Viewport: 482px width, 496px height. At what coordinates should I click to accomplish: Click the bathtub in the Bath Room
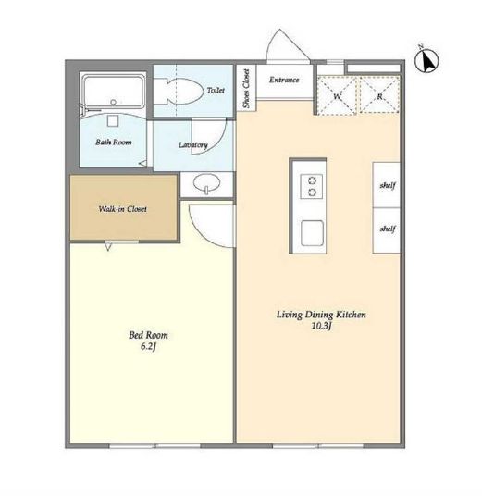point(113,91)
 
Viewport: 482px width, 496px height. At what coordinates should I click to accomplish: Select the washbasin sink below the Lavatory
point(206,183)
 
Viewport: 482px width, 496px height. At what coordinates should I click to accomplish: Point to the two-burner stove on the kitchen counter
point(311,186)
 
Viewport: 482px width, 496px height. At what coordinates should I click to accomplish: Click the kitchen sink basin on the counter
point(312,233)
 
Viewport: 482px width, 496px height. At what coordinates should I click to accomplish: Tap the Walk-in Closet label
point(123,209)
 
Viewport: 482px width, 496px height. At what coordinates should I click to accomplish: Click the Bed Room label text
point(148,335)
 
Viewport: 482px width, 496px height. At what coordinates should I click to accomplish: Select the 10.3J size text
point(321,326)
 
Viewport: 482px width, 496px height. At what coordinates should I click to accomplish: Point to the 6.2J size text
point(148,347)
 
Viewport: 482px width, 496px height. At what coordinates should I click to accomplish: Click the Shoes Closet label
point(246,89)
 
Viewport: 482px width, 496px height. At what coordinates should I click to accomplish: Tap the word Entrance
point(284,80)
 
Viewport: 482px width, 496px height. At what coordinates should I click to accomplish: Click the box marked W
point(337,95)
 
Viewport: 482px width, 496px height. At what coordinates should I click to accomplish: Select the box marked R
point(379,95)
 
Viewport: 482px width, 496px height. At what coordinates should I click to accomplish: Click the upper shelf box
point(387,185)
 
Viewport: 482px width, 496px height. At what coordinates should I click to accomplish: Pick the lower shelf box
point(387,230)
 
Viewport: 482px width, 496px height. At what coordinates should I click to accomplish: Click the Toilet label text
point(216,91)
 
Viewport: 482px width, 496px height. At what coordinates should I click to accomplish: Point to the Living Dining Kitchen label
point(321,315)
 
